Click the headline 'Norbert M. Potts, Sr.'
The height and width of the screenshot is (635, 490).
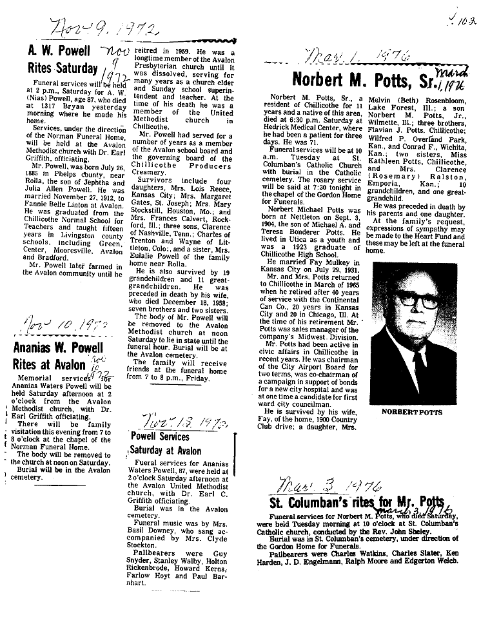point(364,80)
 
